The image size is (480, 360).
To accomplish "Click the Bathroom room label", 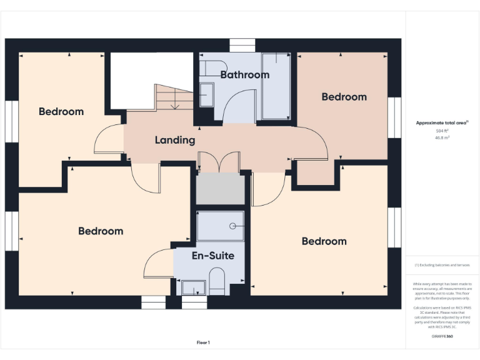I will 244,75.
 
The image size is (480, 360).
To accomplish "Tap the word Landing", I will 175,140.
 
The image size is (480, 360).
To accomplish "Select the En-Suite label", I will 212,256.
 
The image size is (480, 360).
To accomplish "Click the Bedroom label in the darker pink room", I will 344,97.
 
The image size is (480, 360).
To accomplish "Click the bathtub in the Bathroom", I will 276,86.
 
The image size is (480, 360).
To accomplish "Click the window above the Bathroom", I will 238,46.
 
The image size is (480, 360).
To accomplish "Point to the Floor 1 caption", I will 203,342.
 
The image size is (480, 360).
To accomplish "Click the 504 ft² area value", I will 442,131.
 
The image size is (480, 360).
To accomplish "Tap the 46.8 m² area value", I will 442,137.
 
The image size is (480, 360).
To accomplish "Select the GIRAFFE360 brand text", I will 442,337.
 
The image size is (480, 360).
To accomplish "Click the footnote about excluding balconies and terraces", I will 442,265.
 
